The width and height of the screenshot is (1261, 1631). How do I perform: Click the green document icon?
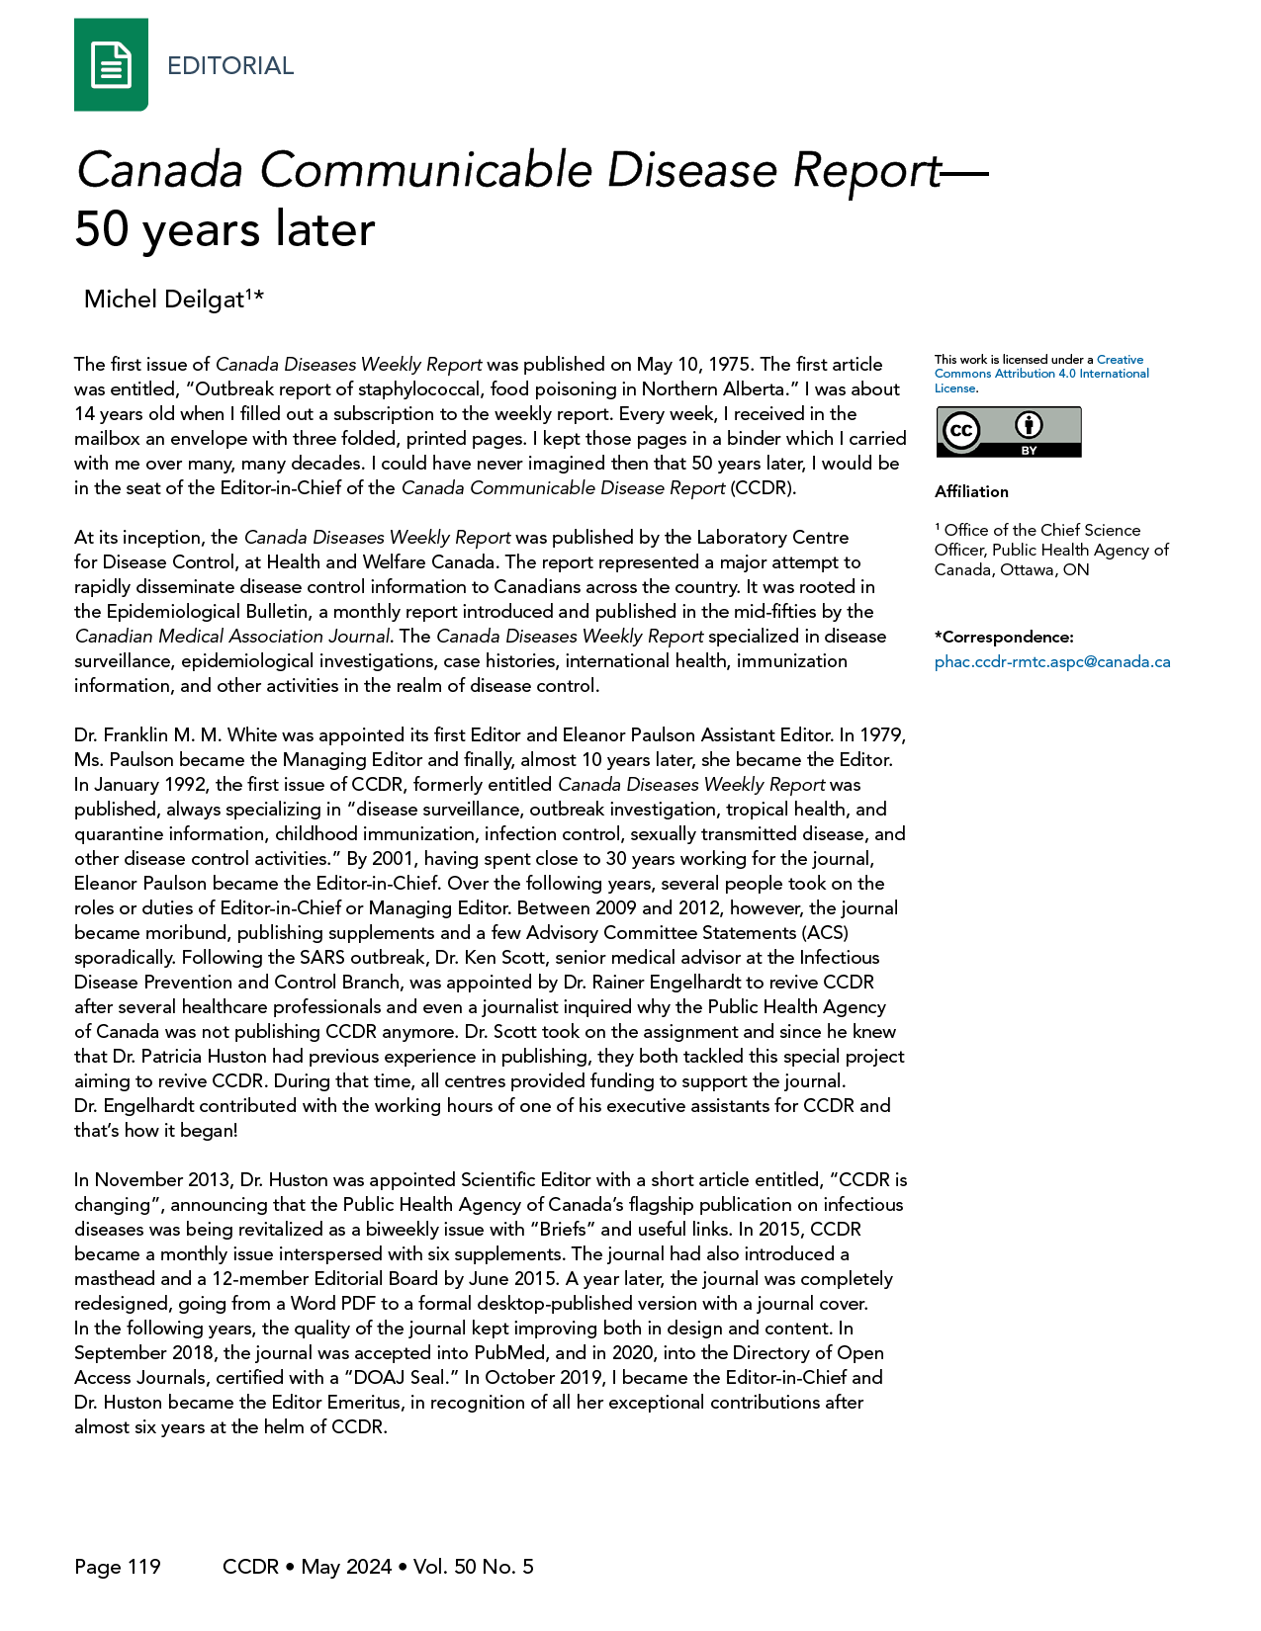pyautogui.click(x=111, y=65)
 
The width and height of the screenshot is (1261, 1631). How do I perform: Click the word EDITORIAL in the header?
pyautogui.click(x=230, y=66)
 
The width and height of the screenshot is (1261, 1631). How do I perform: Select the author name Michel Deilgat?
pyautogui.click(x=164, y=300)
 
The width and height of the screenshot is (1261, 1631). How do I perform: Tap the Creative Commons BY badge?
pyautogui.click(x=1008, y=432)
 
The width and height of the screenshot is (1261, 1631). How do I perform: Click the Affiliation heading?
pyautogui.click(x=971, y=491)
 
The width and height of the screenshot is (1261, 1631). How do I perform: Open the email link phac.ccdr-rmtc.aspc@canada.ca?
pyautogui.click(x=1051, y=662)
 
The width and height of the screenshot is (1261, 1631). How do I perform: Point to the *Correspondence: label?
pyautogui.click(x=1003, y=637)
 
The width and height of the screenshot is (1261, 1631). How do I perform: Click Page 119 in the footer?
pyautogui.click(x=117, y=1567)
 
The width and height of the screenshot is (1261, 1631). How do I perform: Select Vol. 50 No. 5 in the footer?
pyautogui.click(x=474, y=1567)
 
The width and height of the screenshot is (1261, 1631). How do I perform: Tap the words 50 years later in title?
pyautogui.click(x=225, y=229)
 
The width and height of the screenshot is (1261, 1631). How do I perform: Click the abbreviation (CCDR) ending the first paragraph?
pyautogui.click(x=763, y=488)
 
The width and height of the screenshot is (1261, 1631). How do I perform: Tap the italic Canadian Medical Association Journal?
pyautogui.click(x=232, y=637)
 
